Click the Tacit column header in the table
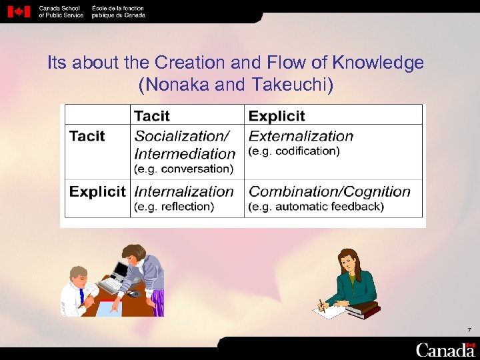click(x=152, y=116)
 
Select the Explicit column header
click(x=277, y=116)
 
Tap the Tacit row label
click(x=87, y=137)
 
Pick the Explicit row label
click(x=97, y=192)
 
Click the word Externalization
click(x=301, y=137)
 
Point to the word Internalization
click(x=184, y=192)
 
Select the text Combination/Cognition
click(x=329, y=192)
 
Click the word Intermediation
click(x=185, y=153)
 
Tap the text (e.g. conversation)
click(x=183, y=169)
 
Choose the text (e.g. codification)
click(x=294, y=151)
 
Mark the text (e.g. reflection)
click(x=174, y=207)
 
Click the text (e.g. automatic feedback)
click(x=316, y=207)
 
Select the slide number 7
click(x=469, y=330)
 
